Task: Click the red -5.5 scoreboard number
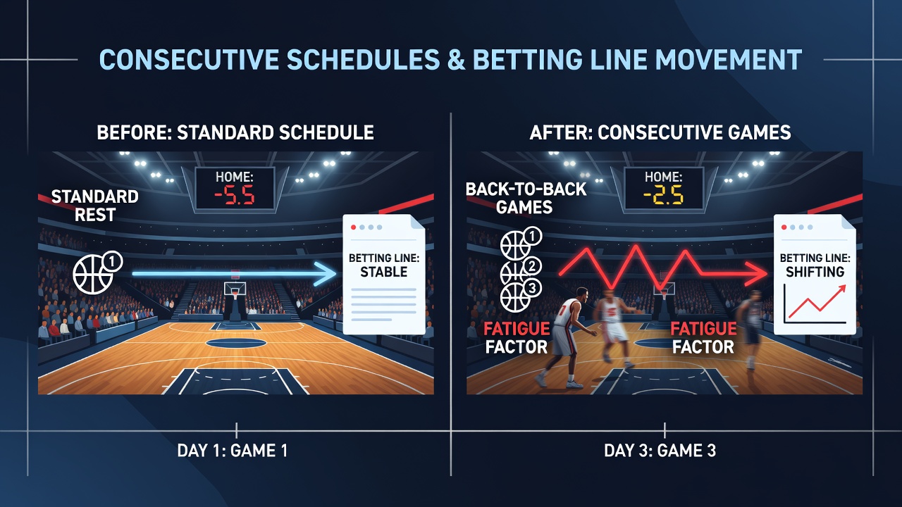click(x=235, y=196)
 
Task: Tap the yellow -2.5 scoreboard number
click(x=663, y=196)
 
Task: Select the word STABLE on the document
click(x=384, y=272)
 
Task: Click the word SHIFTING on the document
click(x=815, y=272)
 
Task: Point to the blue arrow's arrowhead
click(x=326, y=274)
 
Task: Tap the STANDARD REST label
click(x=95, y=206)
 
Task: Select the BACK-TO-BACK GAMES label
click(x=526, y=198)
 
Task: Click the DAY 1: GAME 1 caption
click(x=233, y=451)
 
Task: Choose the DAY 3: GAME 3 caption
click(x=660, y=451)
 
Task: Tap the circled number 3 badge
click(x=532, y=288)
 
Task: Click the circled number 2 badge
click(x=532, y=265)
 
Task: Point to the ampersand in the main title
click(x=456, y=60)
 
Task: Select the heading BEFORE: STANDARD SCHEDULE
click(x=235, y=132)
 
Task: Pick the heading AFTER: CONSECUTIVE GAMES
click(x=660, y=132)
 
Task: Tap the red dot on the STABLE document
click(x=354, y=227)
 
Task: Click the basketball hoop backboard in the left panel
click(x=235, y=289)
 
